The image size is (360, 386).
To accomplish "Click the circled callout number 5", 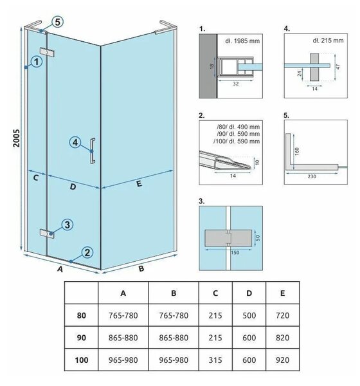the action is (57, 22).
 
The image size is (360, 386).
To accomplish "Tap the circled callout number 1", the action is (37, 61).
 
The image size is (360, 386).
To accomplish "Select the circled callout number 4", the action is (75, 142).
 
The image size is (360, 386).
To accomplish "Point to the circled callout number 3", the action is (67, 225).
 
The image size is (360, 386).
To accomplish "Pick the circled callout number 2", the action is (87, 253).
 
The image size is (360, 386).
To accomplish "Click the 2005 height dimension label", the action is (17, 138).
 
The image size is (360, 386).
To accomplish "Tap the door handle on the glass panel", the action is (93, 151).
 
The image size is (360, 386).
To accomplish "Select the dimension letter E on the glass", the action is (139, 183).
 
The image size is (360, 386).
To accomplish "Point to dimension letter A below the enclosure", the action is (60, 270).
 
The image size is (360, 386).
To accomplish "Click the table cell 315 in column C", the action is (215, 360).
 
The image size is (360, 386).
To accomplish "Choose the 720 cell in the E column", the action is (282, 315).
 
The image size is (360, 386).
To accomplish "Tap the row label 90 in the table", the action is (82, 338).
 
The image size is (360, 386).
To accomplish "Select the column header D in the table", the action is (249, 293).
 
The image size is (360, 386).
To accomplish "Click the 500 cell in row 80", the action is (249, 315).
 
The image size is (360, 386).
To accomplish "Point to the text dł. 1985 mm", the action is (242, 41).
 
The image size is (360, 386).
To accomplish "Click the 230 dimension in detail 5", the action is (312, 176).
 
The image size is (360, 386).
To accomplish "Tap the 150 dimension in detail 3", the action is (235, 253).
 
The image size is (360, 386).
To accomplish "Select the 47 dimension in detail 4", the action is (338, 66).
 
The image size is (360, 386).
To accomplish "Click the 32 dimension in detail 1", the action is (236, 84).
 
